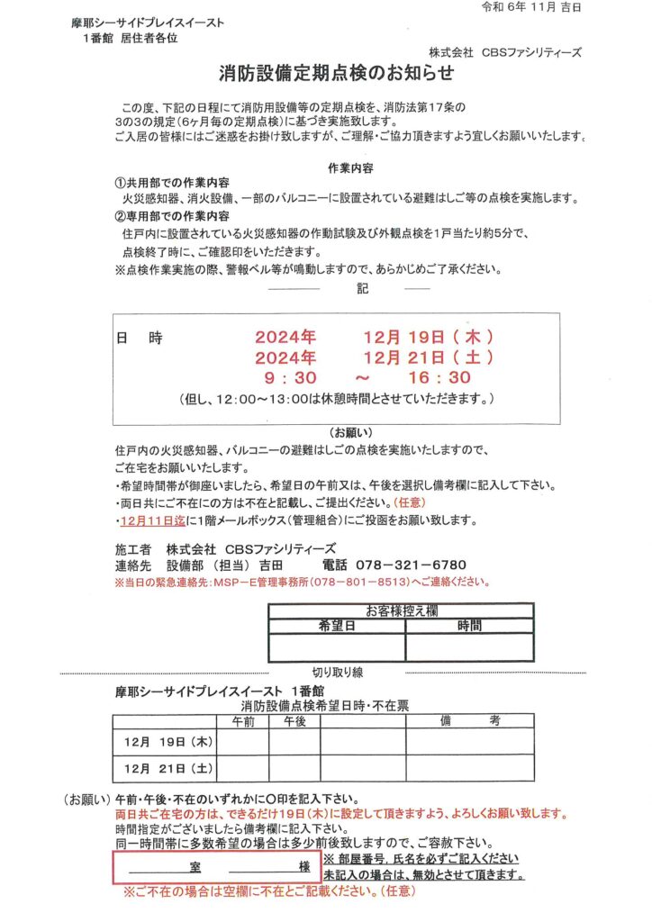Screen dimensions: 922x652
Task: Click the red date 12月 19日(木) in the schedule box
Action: click(428, 337)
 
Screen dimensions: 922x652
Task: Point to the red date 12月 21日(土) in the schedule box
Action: click(428, 357)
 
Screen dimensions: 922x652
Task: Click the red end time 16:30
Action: click(439, 377)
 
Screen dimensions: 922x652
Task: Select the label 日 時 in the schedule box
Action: click(140, 339)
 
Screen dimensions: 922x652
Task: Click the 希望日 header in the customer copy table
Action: click(337, 625)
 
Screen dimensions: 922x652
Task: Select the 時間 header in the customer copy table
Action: click(469, 625)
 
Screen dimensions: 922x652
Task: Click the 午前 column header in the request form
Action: click(243, 721)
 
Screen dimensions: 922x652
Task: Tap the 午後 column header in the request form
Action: click(294, 721)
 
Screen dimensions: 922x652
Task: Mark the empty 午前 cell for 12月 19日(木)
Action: click(243, 743)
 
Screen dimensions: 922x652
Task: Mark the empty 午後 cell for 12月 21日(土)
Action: click(294, 768)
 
